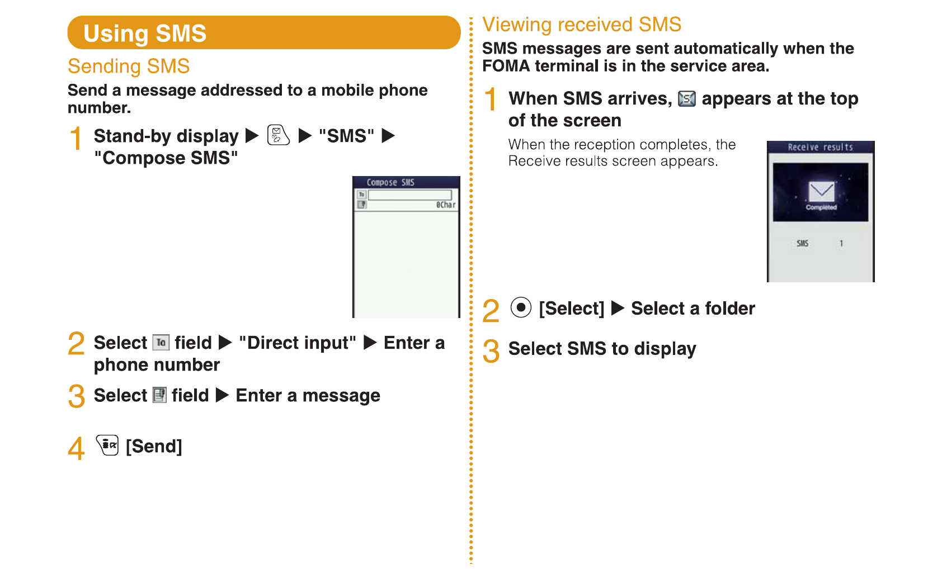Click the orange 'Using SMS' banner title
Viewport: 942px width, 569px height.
(145, 34)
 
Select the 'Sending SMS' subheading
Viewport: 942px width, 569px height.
(129, 67)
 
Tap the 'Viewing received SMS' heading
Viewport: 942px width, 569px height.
(582, 25)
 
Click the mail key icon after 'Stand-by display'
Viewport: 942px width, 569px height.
(278, 135)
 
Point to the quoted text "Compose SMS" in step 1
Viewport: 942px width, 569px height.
(166, 158)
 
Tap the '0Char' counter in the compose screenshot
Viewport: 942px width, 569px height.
(446, 205)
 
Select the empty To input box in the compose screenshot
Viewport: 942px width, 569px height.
(409, 195)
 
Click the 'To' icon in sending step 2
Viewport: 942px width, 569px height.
(161, 343)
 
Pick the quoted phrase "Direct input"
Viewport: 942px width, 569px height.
(298, 343)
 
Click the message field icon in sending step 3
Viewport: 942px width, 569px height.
(159, 395)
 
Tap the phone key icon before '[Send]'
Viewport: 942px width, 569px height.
(107, 445)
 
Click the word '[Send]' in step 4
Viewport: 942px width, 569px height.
(154, 447)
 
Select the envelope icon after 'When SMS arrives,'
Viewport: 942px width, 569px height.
(686, 99)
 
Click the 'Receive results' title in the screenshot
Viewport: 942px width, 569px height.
(820, 147)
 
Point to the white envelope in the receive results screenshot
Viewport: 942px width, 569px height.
(821, 191)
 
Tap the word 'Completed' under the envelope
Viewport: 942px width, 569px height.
(821, 207)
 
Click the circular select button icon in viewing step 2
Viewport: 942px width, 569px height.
(521, 307)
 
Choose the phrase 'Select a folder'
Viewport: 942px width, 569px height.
(693, 309)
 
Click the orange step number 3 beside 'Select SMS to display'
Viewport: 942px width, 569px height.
(491, 351)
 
